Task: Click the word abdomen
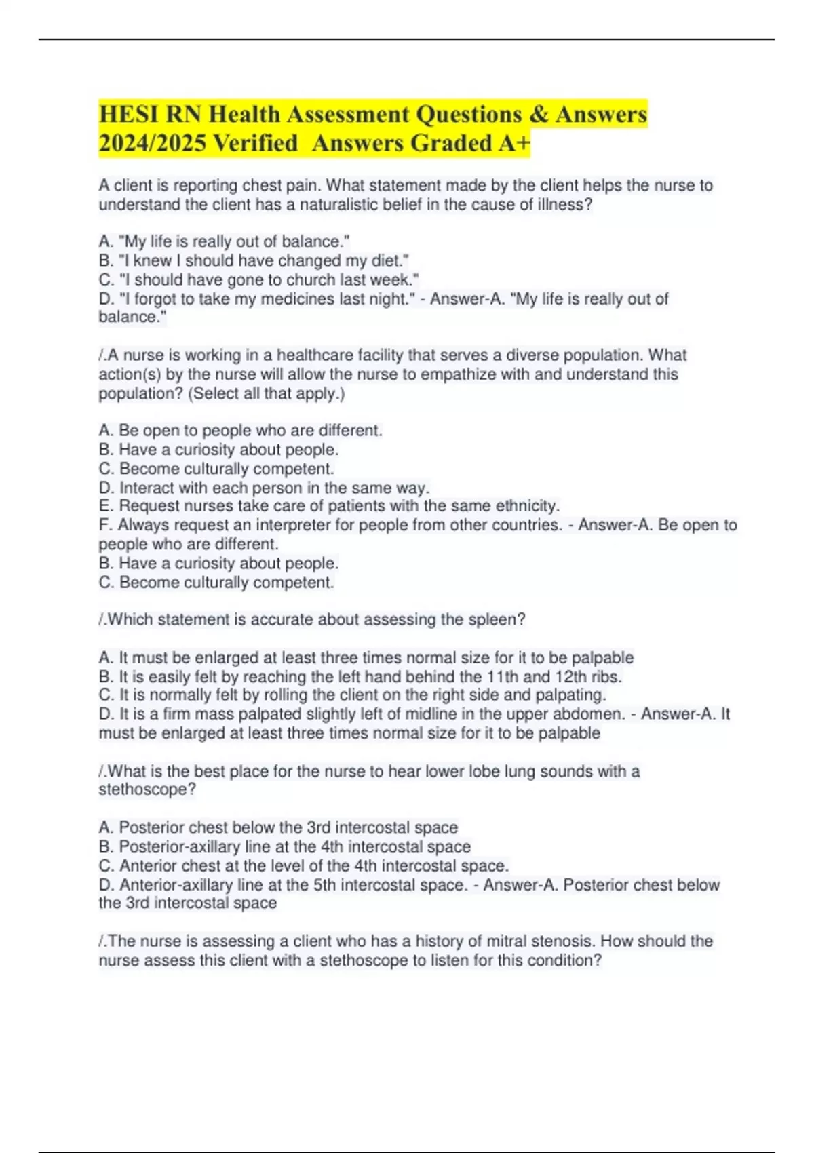[x=592, y=714]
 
